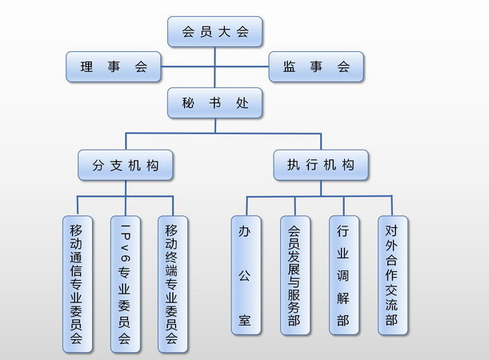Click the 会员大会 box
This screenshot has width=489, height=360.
[215, 32]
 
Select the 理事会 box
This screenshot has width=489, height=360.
[114, 67]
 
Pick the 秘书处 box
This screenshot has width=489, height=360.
[215, 103]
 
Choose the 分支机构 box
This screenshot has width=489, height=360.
[125, 166]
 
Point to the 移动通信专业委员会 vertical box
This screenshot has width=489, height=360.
[77, 284]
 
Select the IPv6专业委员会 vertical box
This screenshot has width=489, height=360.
[125, 284]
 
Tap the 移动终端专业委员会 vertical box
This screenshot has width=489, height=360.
[172, 284]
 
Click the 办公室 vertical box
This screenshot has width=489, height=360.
[246, 275]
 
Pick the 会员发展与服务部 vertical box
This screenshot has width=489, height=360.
[295, 275]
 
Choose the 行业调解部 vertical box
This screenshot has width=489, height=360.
[343, 275]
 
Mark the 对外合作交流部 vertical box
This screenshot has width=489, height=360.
[391, 275]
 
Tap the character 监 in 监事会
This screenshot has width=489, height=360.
[290, 67]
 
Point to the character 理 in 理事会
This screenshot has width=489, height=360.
[86, 67]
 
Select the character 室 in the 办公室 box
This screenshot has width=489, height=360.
[246, 321]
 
